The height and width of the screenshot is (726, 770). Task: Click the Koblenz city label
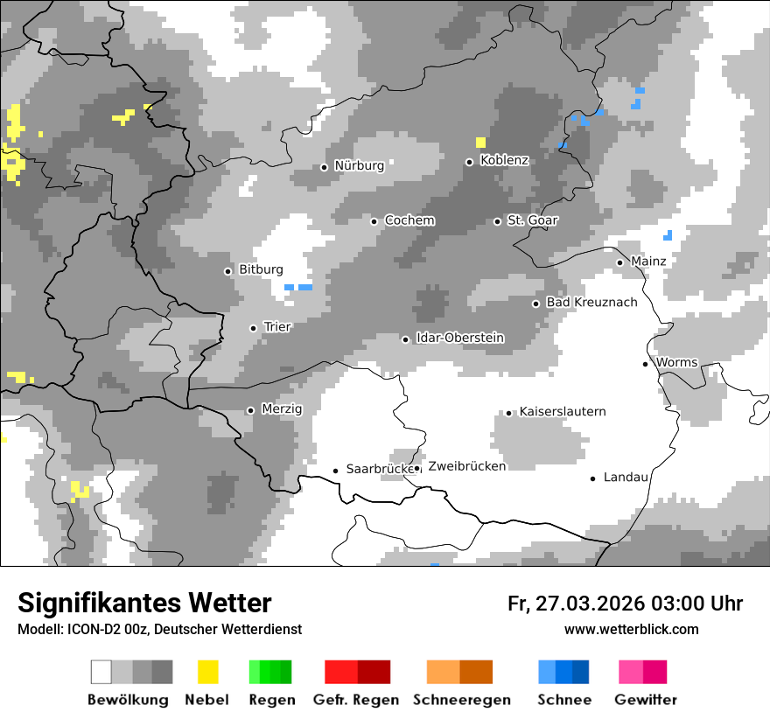pos(504,160)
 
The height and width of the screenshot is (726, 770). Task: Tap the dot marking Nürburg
pos(324,167)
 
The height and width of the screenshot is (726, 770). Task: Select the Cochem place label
pos(409,220)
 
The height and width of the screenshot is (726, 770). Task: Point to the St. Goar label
pos(532,220)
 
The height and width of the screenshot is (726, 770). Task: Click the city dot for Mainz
pos(619,262)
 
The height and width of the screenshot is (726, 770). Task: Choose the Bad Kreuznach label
pos(591,302)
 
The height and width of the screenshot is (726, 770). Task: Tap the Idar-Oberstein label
pos(460,338)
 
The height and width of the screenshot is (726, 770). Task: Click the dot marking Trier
pos(253,328)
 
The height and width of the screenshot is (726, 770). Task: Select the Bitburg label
pos(261,269)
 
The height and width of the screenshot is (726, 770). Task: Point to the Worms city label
pos(676,362)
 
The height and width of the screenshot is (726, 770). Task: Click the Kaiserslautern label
pos(562,411)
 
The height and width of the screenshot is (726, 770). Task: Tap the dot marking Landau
pos(592,478)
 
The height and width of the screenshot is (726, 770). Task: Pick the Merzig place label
pos(282,408)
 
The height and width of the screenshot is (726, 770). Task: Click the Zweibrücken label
pos(466,466)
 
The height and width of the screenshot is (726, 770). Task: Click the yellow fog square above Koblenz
pos(480,143)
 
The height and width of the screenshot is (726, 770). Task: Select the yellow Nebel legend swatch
pos(207,672)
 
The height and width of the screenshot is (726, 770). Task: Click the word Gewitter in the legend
pos(645,700)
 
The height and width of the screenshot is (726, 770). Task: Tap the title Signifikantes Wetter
pos(144,603)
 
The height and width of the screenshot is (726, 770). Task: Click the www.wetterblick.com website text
pos(631,629)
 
